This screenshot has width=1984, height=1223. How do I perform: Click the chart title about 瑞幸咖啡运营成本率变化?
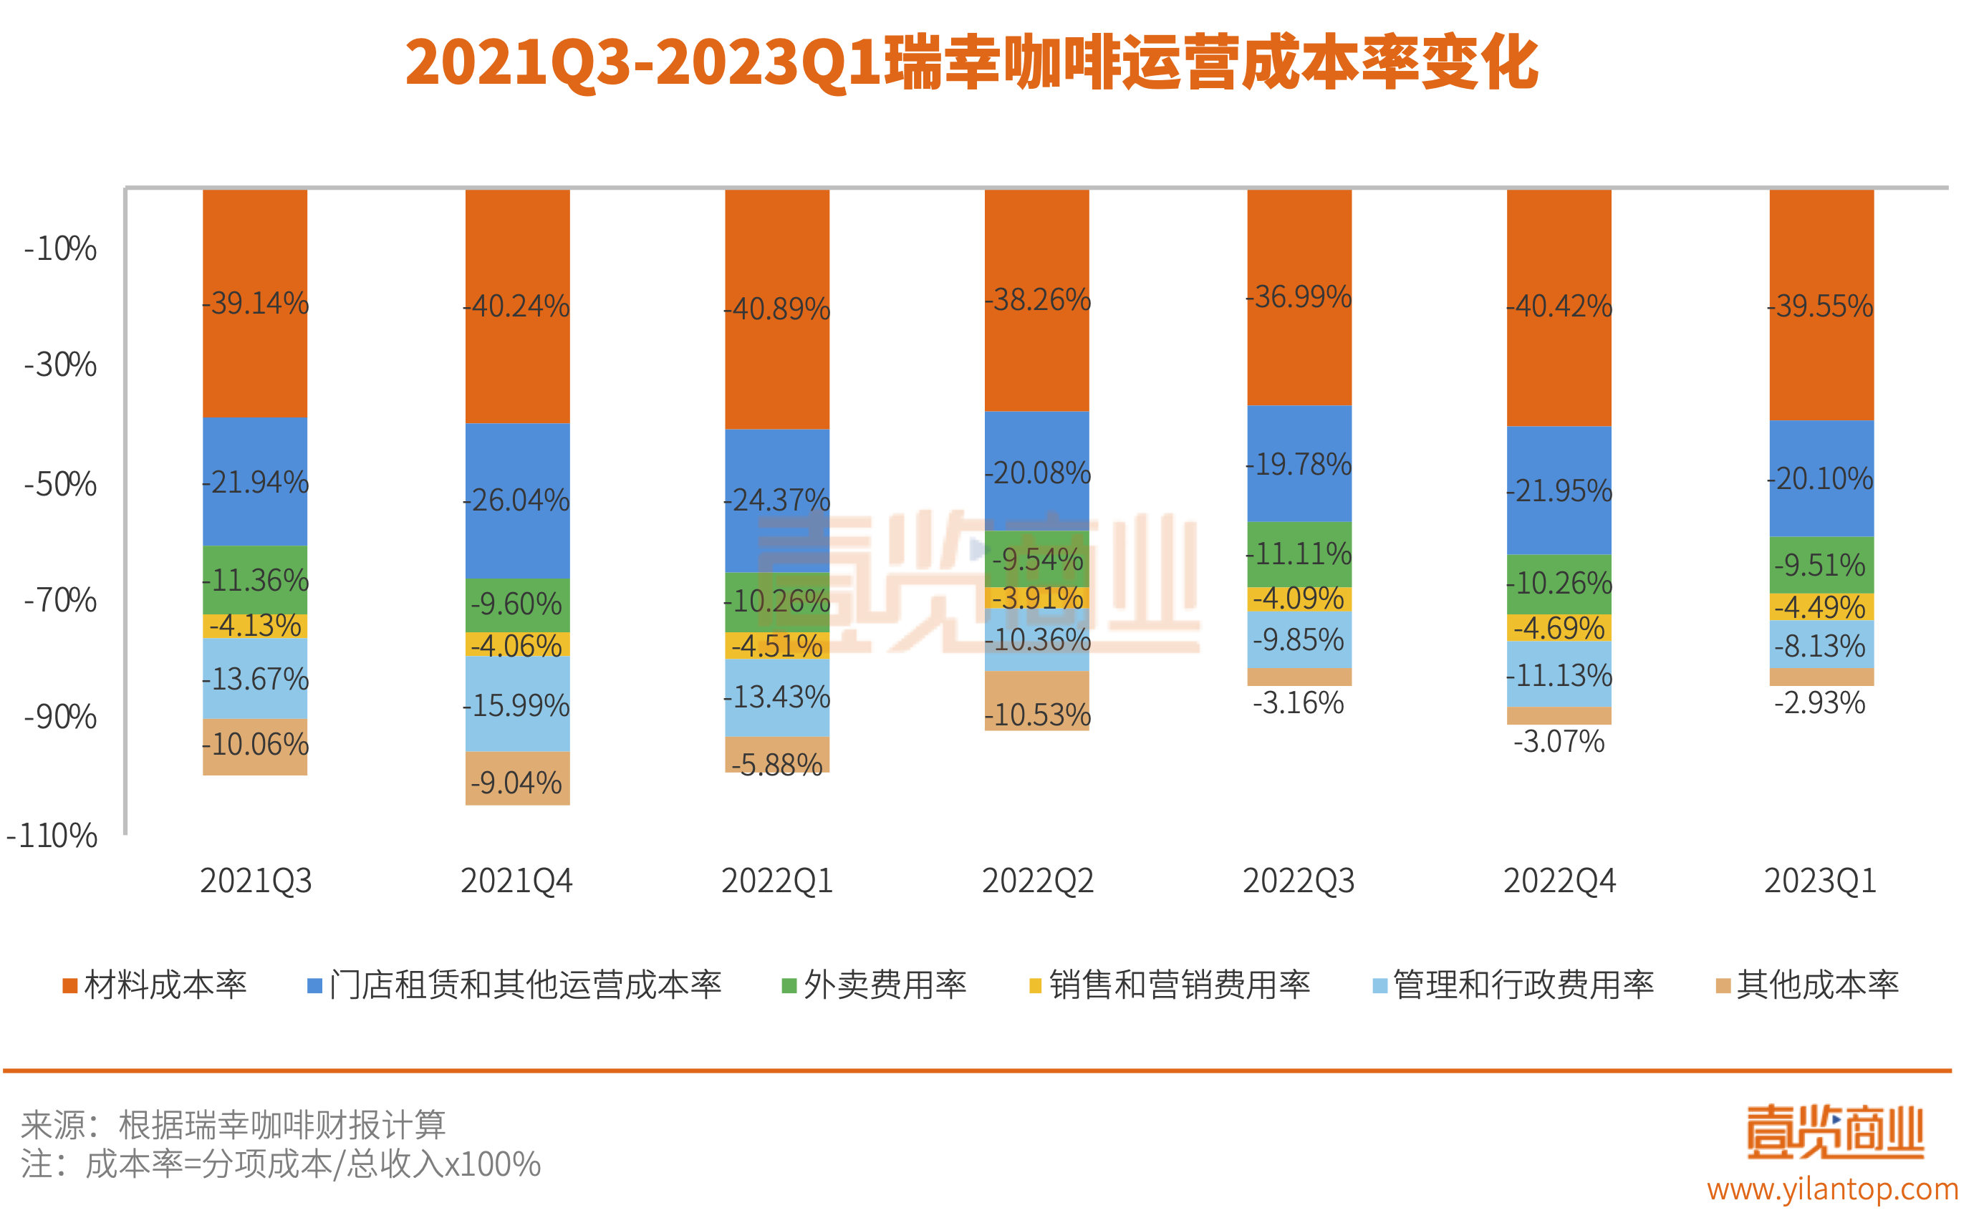pyautogui.click(x=971, y=63)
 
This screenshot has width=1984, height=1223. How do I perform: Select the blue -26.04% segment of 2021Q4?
pyautogui.click(x=517, y=500)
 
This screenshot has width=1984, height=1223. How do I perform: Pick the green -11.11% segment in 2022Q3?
pyautogui.click(x=1299, y=554)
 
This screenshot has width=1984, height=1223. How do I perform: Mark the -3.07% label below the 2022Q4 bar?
pyautogui.click(x=1559, y=742)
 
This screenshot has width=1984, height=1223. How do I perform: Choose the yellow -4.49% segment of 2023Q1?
pyautogui.click(x=1821, y=606)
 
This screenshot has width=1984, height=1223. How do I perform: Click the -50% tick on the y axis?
pyautogui.click(x=61, y=485)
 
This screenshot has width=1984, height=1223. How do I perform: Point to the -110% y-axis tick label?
pyautogui.click(x=52, y=836)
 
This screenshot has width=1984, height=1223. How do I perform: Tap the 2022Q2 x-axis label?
pyautogui.click(x=1037, y=881)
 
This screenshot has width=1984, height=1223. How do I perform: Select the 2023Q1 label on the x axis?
pyautogui.click(x=1820, y=881)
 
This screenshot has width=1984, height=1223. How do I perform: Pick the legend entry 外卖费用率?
pyautogui.click(x=875, y=985)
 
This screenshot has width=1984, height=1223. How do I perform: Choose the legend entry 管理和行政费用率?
pyautogui.click(x=1513, y=985)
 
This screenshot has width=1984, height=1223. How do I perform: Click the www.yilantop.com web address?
pyautogui.click(x=1833, y=1189)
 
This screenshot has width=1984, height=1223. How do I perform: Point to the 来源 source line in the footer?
pyautogui.click(x=233, y=1124)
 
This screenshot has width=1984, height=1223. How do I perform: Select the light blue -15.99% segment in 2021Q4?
pyautogui.click(x=517, y=705)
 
